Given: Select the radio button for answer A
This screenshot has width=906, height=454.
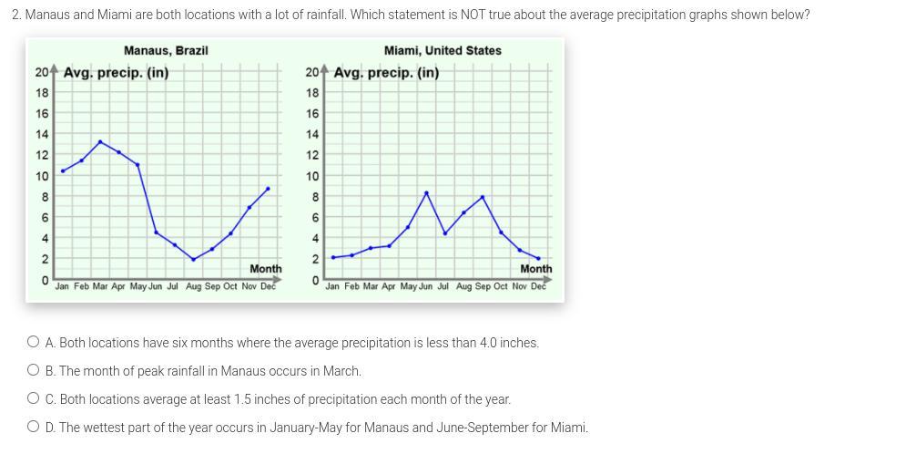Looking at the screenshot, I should pos(34,343).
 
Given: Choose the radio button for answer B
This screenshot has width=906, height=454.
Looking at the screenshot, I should pos(34,371).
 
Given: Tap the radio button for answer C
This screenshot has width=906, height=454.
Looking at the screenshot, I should pos(34,399).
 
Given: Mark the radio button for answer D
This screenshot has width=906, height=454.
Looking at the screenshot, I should pos(34,427).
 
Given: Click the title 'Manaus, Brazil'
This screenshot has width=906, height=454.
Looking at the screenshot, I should pos(166,50).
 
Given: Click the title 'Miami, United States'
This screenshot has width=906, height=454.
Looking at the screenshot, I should pos(443,50).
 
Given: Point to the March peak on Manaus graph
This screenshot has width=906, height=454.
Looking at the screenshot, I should pos(100,141).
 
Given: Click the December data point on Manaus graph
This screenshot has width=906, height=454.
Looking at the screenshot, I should pos(268,189).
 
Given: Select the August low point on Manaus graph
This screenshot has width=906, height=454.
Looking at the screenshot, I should pos(193,260).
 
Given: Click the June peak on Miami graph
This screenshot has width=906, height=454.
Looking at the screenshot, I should pos(426,192).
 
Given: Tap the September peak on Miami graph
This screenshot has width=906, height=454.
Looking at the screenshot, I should pos(483,197).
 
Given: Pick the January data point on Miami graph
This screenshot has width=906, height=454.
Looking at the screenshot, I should pos(333,258).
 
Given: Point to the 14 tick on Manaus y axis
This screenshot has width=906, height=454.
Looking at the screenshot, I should pos(42,134).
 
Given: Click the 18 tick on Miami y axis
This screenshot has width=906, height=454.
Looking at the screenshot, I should pos(312,93).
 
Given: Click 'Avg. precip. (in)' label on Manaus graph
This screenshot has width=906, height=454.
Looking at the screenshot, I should pos(116,72).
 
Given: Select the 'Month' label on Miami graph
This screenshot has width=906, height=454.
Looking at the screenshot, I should pos(535,269).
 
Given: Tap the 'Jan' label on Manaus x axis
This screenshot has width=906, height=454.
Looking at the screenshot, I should pos(62,286).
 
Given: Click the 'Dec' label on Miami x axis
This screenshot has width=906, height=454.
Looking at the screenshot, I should pos(538,286).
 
